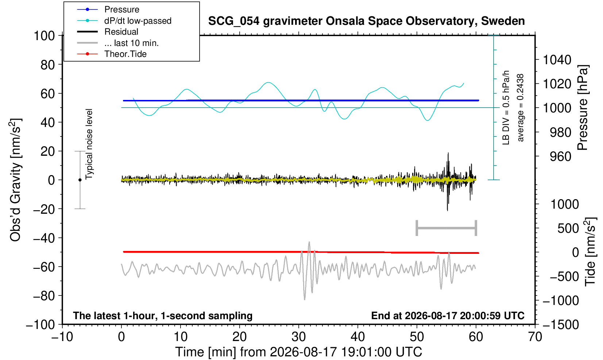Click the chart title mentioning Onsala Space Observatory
(x=366, y=21)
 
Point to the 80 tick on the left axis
(x=48, y=65)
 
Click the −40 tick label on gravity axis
(x=44, y=238)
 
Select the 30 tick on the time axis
(x=298, y=337)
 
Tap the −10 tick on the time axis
(x=62, y=337)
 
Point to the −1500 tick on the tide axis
(x=560, y=325)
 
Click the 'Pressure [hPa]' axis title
(x=583, y=108)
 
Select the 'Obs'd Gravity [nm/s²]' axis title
(x=15, y=180)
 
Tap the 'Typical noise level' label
(x=89, y=144)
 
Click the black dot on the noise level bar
(x=80, y=180)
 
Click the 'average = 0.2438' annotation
(x=521, y=108)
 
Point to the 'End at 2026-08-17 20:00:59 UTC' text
(x=448, y=316)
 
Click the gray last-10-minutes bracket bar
(x=447, y=228)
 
